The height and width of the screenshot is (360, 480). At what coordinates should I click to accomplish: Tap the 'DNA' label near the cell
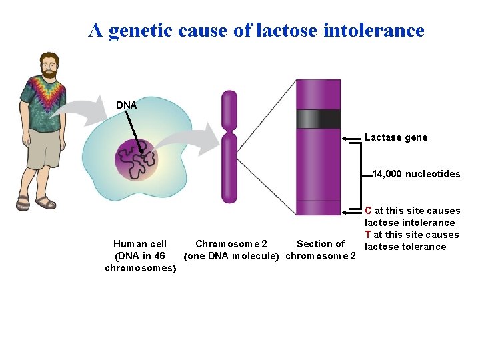[x=127, y=105]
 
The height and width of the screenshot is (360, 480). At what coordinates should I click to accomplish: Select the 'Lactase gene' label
[x=396, y=137]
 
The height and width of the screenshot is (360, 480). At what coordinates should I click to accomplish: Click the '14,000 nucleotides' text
[x=416, y=174]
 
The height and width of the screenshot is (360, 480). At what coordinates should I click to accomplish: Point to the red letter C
[x=368, y=211]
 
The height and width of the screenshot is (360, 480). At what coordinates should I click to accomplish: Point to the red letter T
[x=368, y=235]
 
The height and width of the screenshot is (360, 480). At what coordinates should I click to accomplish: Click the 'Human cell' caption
[x=140, y=244]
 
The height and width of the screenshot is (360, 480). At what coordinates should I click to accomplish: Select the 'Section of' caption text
[x=321, y=244]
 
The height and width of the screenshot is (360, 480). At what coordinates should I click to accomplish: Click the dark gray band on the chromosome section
[x=318, y=119]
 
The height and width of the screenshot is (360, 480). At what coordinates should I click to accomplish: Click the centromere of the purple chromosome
[x=229, y=131]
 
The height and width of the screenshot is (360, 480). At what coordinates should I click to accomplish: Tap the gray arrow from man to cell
[x=89, y=109]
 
